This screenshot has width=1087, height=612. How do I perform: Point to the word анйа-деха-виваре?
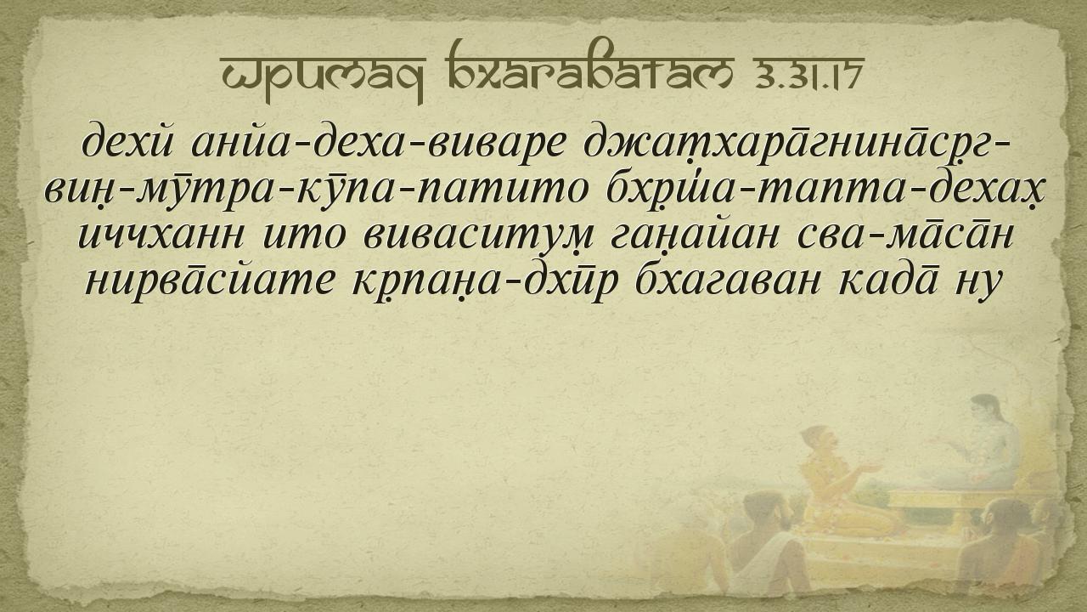pyautogui.click(x=379, y=142)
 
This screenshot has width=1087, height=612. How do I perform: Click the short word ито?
pyautogui.click(x=304, y=236)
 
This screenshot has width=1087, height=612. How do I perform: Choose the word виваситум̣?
pyautogui.click(x=478, y=238)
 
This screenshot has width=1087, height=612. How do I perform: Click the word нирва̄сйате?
pyautogui.click(x=210, y=280)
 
